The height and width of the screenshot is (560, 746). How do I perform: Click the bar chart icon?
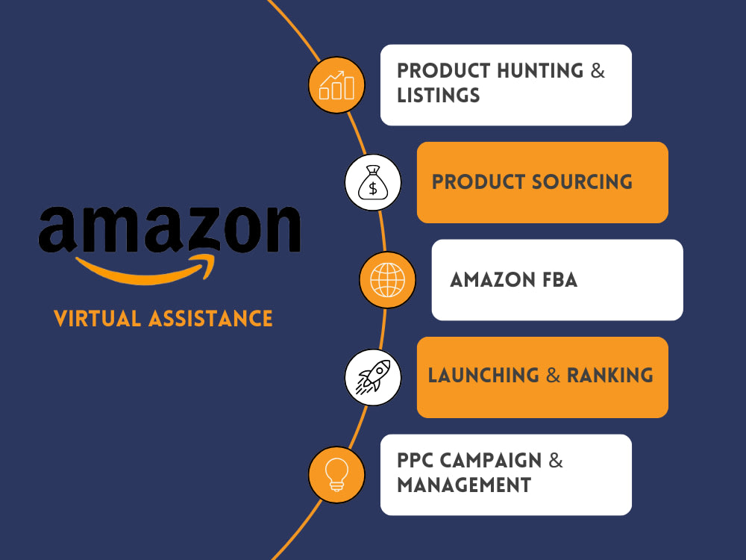[337, 85]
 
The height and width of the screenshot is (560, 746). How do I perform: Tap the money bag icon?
[373, 182]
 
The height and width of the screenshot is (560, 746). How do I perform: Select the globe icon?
[387, 280]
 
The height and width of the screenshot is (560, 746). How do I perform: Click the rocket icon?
[373, 377]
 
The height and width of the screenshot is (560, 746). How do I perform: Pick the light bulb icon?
[337, 475]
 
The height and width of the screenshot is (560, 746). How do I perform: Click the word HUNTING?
[540, 71]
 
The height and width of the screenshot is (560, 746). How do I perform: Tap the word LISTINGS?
[438, 96]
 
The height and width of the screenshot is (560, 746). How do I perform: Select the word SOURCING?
[582, 182]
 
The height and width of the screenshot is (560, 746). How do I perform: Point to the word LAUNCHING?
[483, 376]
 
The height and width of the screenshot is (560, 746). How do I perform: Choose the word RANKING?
[610, 376]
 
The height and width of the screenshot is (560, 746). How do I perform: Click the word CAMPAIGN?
[491, 461]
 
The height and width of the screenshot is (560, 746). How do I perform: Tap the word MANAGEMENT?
[464, 485]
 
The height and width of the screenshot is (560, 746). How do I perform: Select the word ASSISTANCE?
[210, 319]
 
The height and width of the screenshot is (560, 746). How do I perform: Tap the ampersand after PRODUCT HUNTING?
[598, 71]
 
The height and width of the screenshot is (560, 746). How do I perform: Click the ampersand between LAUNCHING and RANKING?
[553, 376]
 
